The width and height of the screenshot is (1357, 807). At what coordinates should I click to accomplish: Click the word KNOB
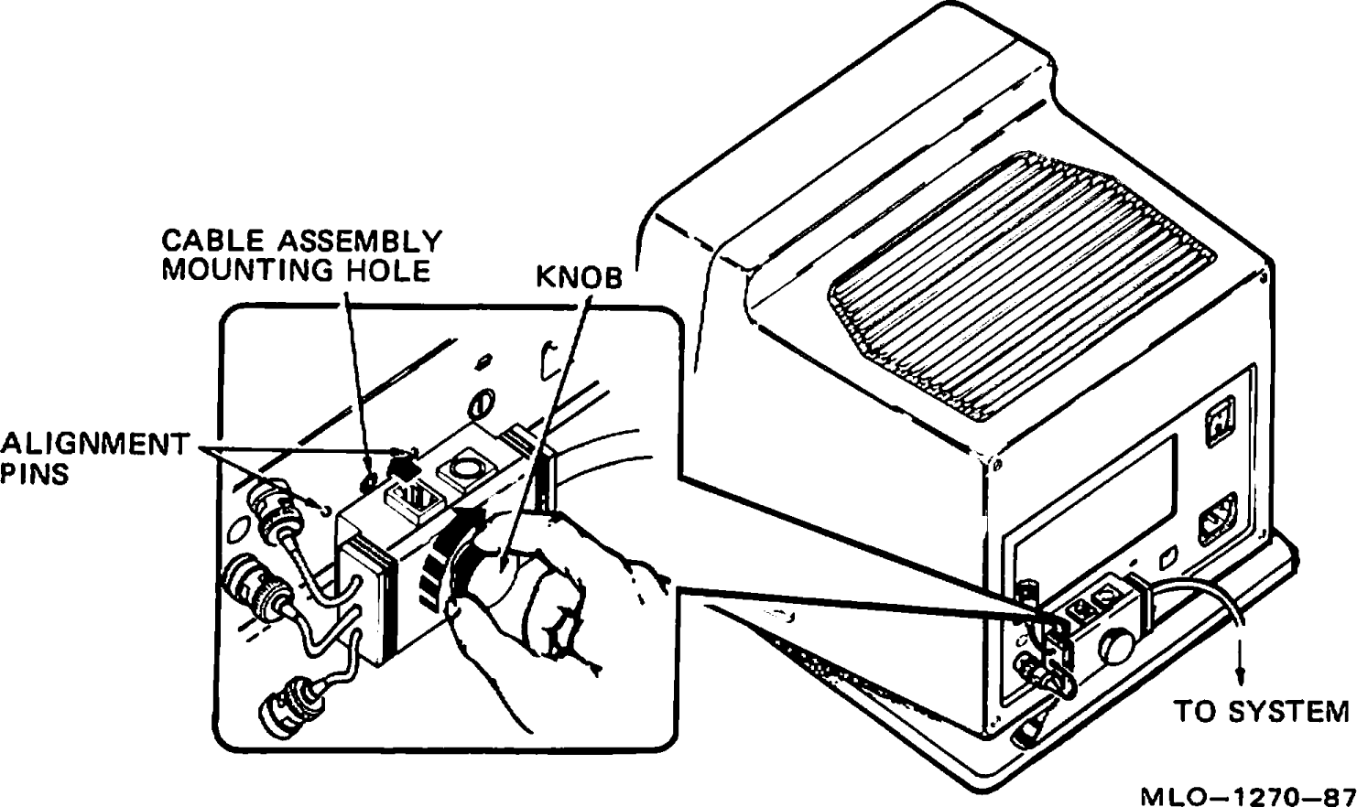point(578,278)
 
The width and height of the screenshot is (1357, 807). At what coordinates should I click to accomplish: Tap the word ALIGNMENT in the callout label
point(94,445)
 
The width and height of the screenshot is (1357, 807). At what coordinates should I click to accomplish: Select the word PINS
point(35,475)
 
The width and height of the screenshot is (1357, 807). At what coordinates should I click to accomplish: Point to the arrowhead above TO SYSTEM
point(1242,674)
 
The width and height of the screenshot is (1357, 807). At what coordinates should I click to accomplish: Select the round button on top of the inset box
point(463,470)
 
